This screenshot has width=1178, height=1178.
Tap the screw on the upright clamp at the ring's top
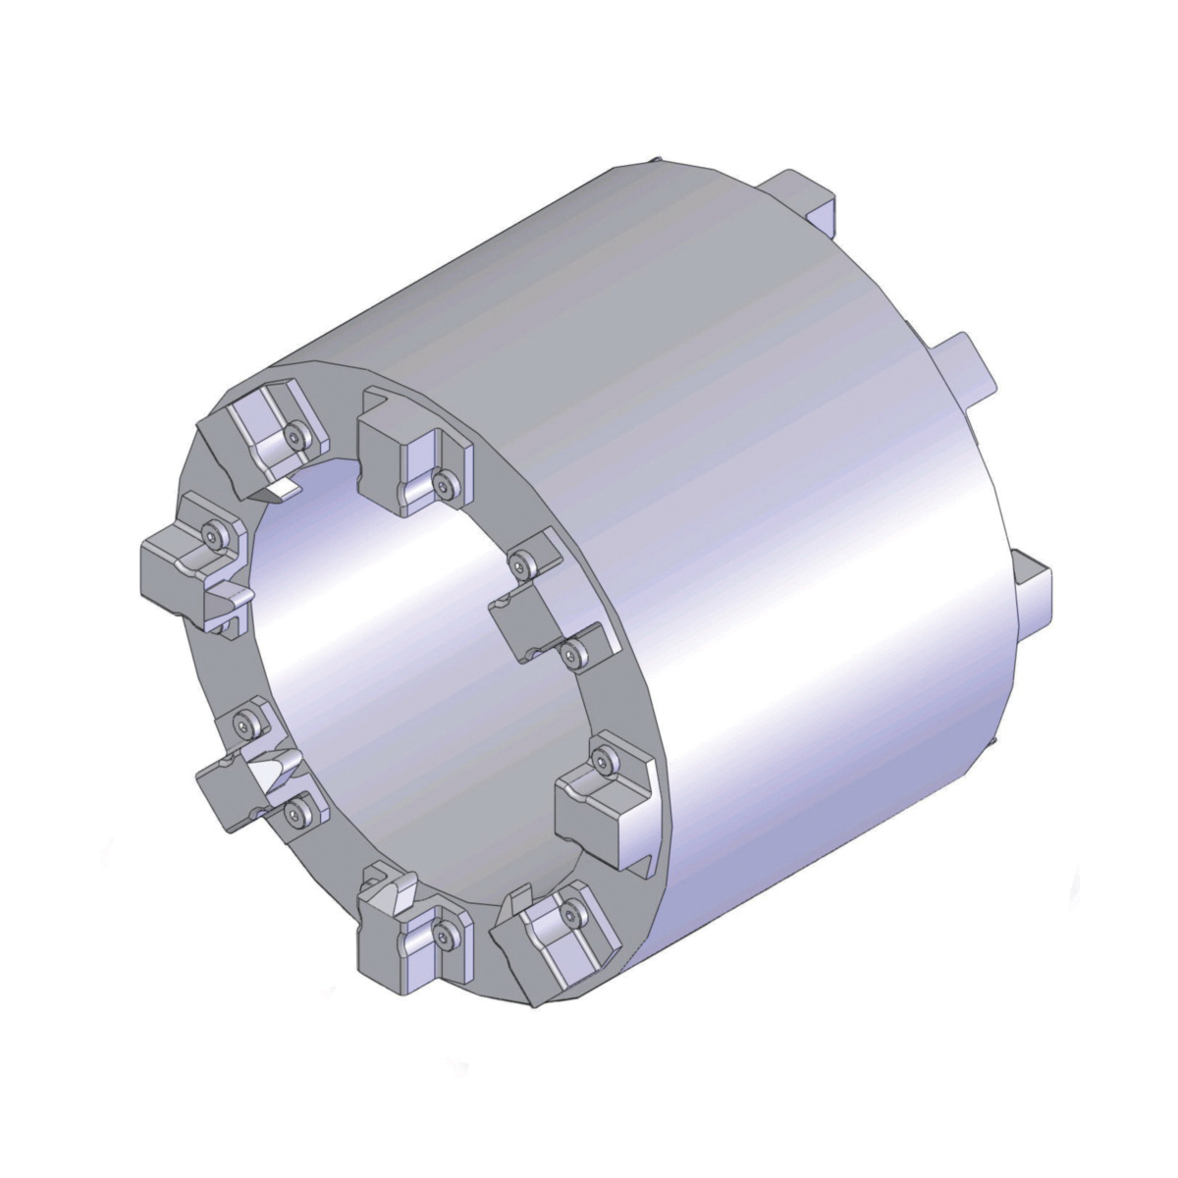pyautogui.click(x=447, y=481)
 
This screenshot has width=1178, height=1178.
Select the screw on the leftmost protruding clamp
pyautogui.click(x=213, y=533)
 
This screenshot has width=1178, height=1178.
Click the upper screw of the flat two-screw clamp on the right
pyautogui.click(x=520, y=562)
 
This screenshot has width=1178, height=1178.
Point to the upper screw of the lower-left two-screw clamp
pyautogui.click(x=244, y=723)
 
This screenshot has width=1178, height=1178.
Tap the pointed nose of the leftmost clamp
pyautogui.click(x=232, y=595)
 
